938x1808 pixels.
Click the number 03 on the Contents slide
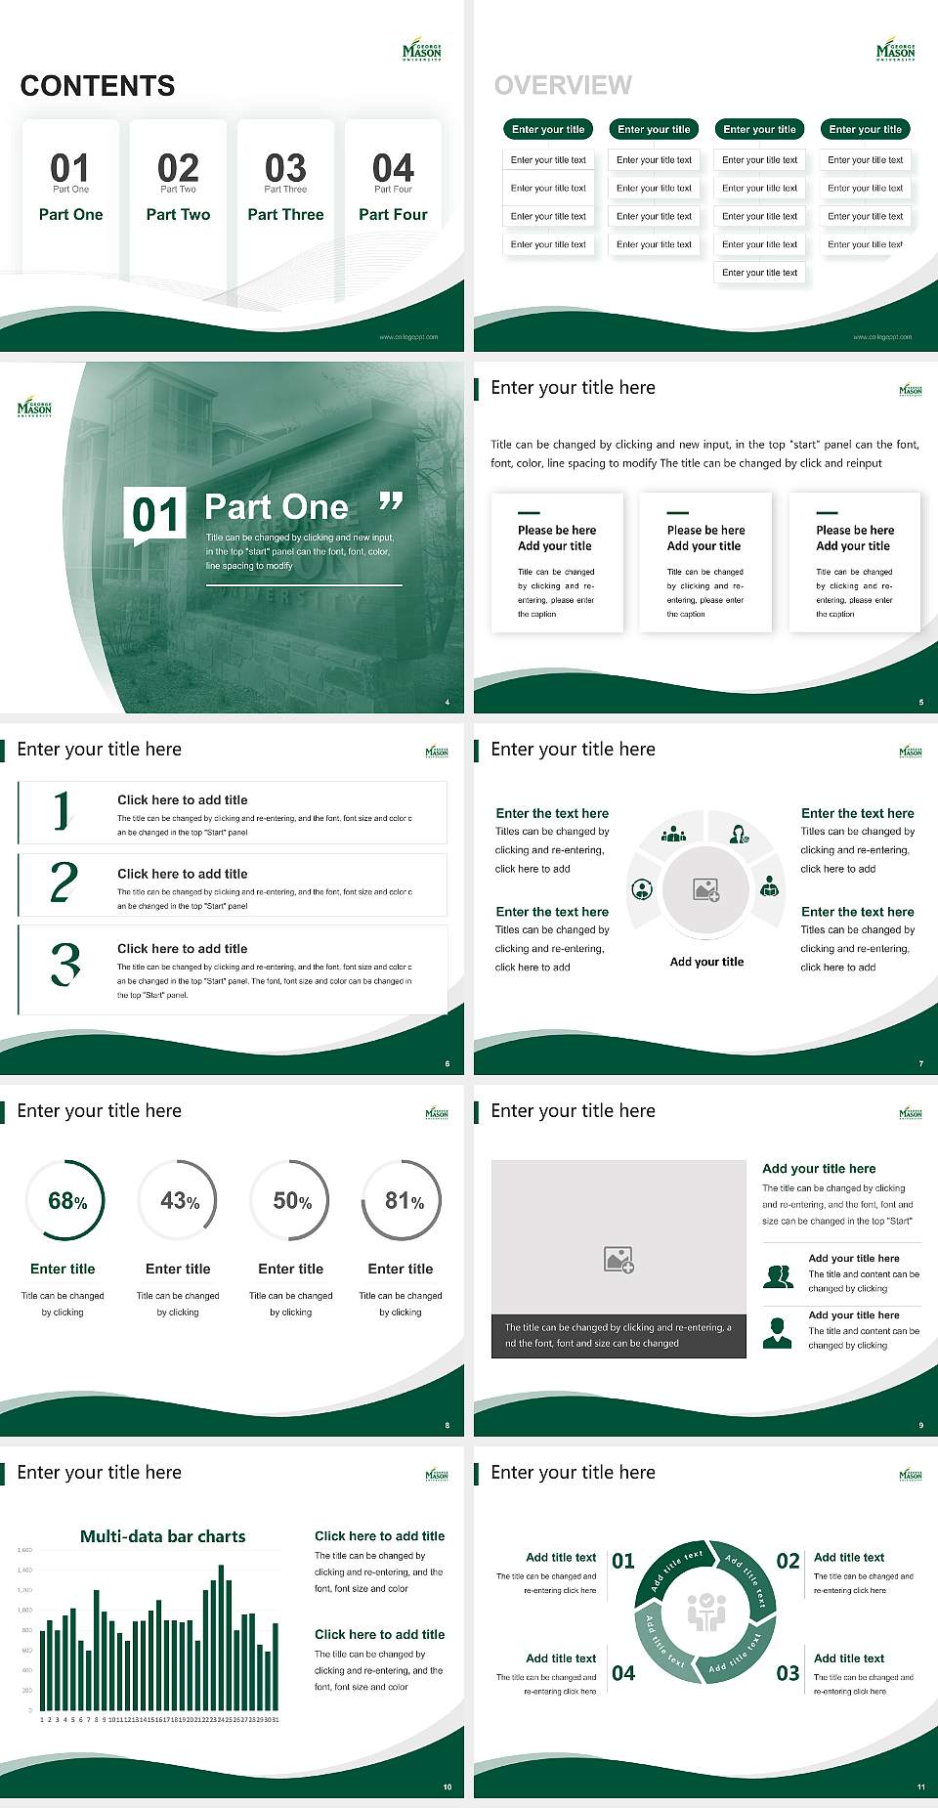pos(285,168)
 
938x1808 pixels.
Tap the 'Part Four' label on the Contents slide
pos(393,215)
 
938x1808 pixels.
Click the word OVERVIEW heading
pos(563,86)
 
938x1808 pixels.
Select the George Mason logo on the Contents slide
pos(422,52)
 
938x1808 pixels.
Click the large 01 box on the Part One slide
pos(156,514)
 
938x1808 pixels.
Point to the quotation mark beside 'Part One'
pos(391,502)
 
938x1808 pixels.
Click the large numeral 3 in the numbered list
pos(65,965)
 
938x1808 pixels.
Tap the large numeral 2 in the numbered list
pos(64,882)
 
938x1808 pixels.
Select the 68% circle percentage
pos(67,1201)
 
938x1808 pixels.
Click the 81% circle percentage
pos(404,1201)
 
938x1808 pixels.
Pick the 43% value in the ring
pos(180,1201)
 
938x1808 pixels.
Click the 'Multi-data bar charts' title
pos(163,1536)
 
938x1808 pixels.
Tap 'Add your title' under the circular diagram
pos(706,962)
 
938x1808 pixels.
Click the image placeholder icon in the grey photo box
pos(618,1260)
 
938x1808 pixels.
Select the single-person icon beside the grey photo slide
pos(778,1332)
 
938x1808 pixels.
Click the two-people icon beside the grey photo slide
pos(778,1276)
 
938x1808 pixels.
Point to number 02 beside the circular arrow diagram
pos(788,1561)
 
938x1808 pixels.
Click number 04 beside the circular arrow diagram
pos(623,1673)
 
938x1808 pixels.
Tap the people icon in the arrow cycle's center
pos(706,1612)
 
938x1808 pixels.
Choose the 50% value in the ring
pos(292,1201)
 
